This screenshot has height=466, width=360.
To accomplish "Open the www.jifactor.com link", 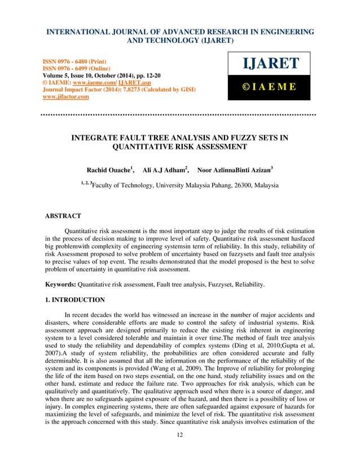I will [x=66, y=96].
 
